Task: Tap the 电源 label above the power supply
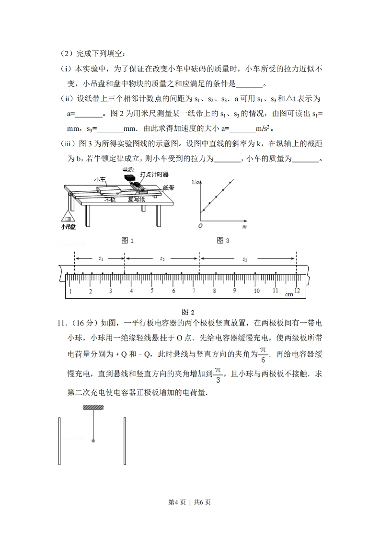[128, 169]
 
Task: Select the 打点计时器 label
[154, 174]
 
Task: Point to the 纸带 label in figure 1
[168, 188]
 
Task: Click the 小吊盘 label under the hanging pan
[69, 227]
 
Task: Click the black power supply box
[129, 177]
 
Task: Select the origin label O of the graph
[200, 225]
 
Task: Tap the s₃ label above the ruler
[245, 259]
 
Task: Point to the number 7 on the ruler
[194, 291]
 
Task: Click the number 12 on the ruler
[297, 291]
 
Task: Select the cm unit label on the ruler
[289, 294]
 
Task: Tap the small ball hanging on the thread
[93, 440]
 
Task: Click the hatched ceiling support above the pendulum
[93, 408]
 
